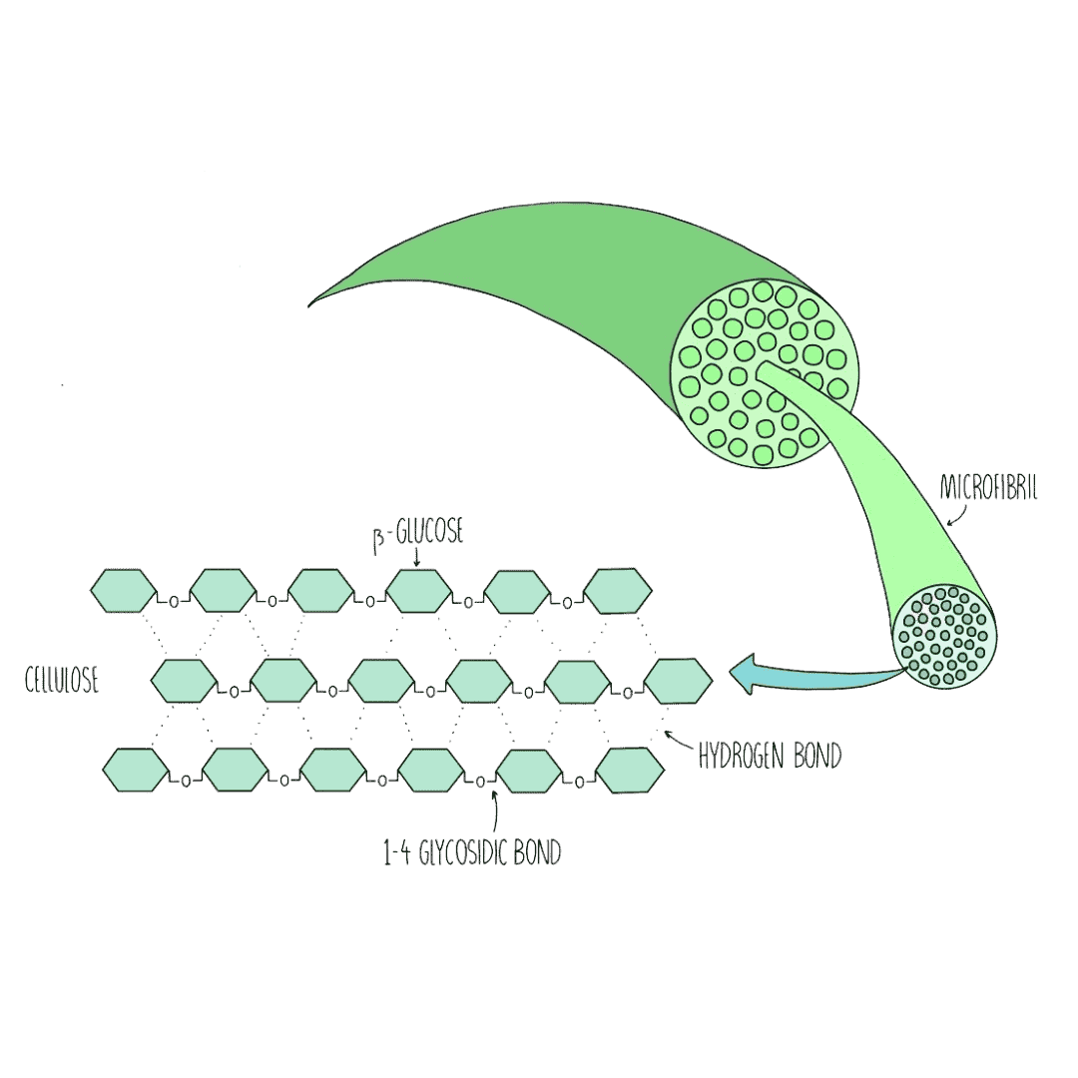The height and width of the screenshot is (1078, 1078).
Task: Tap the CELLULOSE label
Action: (61, 683)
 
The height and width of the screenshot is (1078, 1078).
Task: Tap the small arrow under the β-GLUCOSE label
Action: (415, 559)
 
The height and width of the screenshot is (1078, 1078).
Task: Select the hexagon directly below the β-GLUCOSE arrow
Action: (418, 591)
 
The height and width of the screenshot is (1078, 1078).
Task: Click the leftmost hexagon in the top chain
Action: (124, 591)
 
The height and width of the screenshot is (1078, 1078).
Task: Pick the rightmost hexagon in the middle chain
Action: (679, 681)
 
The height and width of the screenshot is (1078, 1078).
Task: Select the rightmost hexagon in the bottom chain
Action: (629, 770)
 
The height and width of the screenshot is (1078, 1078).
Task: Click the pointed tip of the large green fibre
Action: (311, 301)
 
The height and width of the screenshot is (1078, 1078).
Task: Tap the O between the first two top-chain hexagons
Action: (173, 602)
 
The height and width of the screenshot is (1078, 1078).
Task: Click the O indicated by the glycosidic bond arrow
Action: (480, 780)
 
